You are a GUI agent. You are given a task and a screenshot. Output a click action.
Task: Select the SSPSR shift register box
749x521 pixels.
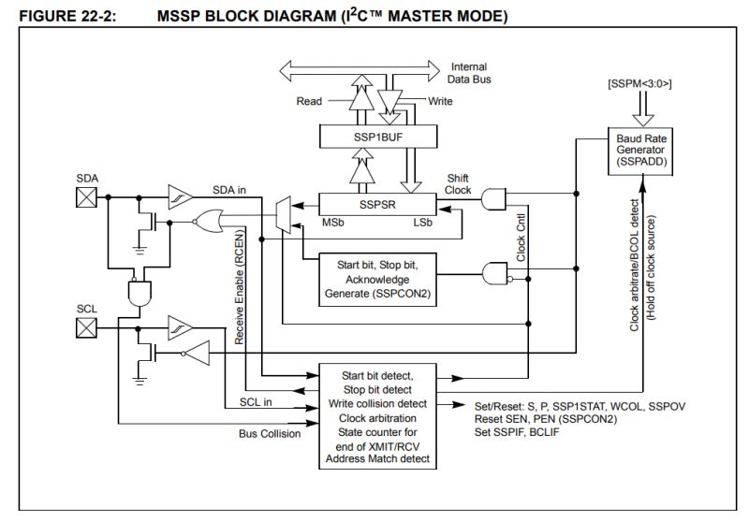(374, 203)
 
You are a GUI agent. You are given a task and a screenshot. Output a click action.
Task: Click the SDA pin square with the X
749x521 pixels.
(86, 196)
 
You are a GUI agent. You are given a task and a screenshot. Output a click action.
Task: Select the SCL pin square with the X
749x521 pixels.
(86, 327)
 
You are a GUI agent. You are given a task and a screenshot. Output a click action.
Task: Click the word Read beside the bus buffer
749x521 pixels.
(310, 100)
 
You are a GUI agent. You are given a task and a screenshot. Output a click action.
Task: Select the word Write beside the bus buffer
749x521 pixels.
(441, 100)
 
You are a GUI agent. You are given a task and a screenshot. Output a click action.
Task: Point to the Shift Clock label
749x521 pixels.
(459, 183)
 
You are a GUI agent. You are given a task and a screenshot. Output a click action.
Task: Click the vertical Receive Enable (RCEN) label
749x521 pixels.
(241, 285)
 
